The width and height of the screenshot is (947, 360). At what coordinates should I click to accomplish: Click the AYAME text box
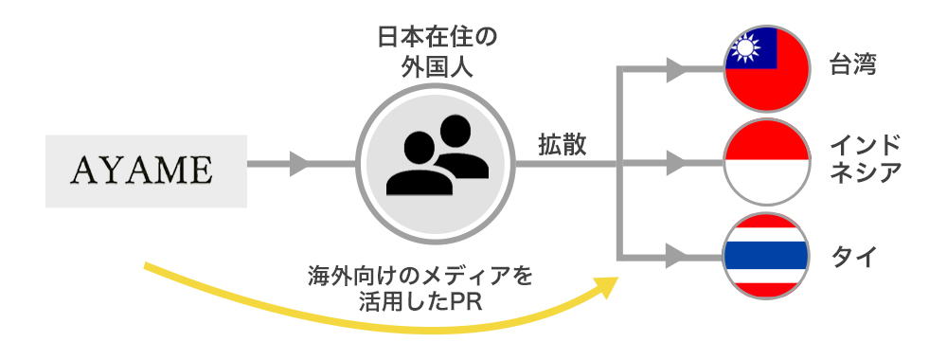click(x=146, y=171)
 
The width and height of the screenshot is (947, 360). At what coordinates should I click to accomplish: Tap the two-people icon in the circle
click(x=438, y=156)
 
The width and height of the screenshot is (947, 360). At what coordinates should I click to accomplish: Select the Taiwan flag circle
click(x=767, y=69)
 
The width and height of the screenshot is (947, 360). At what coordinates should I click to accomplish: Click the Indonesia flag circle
click(x=767, y=163)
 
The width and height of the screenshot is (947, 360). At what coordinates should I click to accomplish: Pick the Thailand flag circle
click(x=767, y=256)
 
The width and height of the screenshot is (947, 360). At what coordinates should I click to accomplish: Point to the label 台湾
click(x=853, y=65)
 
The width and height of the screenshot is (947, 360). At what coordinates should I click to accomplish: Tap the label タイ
click(x=853, y=258)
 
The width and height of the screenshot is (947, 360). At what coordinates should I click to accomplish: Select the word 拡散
click(x=563, y=146)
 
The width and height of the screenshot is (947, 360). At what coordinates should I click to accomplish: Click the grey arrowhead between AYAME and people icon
click(x=300, y=164)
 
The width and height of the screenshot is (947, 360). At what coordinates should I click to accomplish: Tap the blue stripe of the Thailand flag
click(x=767, y=256)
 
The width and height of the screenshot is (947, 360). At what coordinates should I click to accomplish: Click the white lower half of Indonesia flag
click(x=767, y=183)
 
